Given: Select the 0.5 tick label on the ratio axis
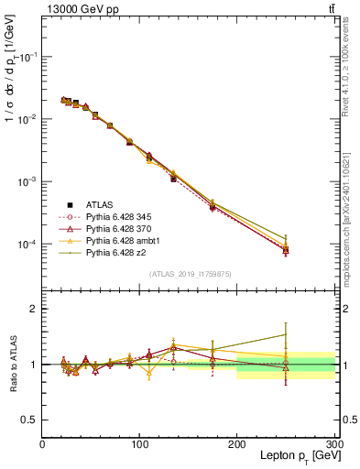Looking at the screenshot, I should point(29,420).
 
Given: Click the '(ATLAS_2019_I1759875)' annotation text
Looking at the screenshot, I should point(188,273).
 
